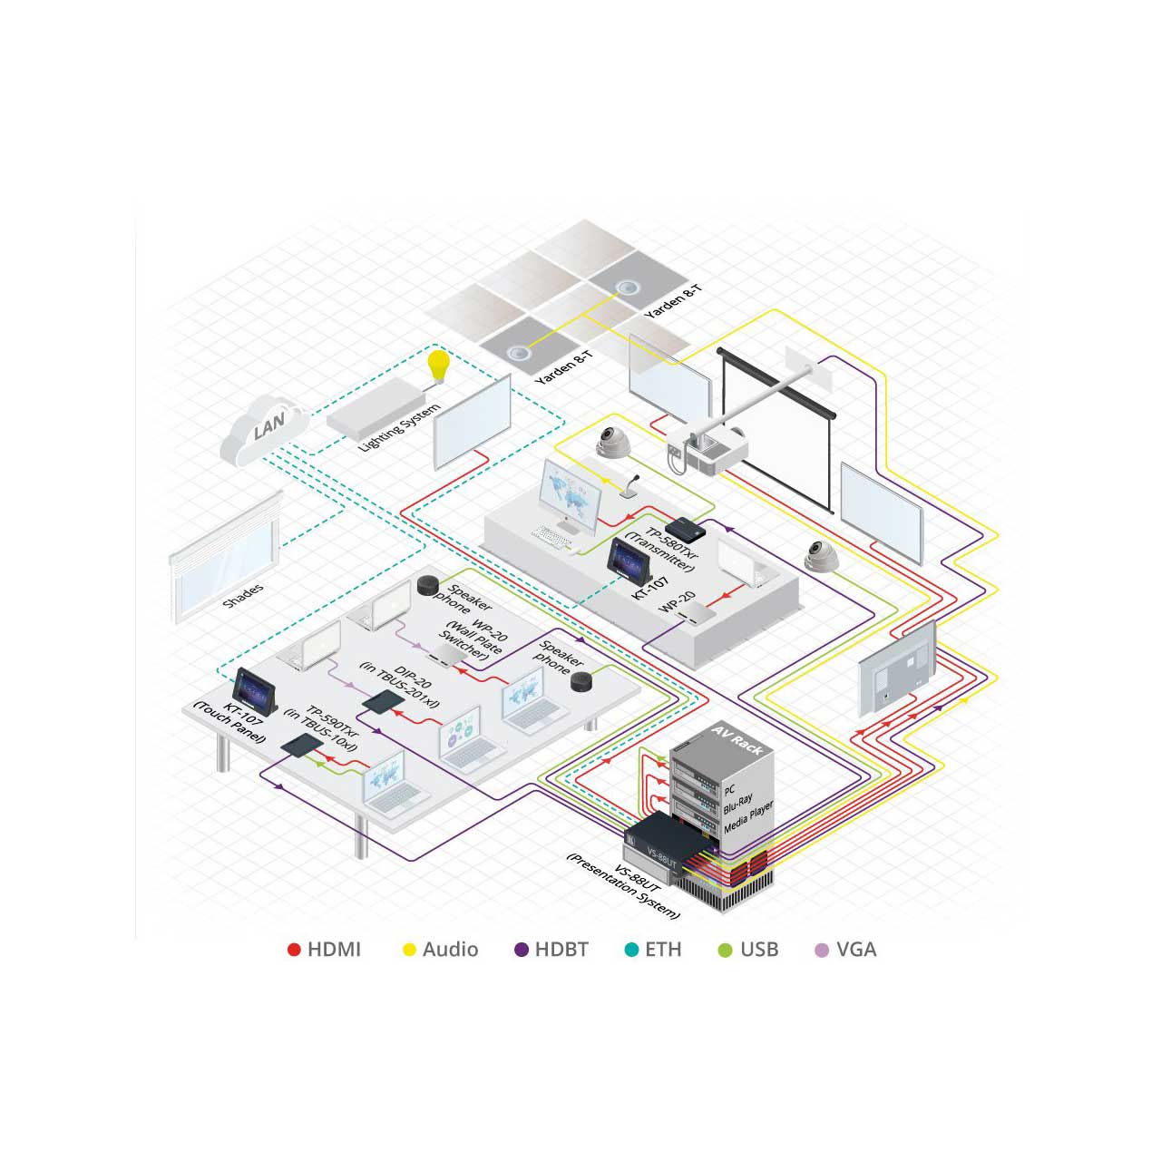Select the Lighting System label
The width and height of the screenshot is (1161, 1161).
point(400,427)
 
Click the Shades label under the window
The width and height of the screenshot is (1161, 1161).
point(243,596)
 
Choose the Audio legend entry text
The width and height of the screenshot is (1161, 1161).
point(450,950)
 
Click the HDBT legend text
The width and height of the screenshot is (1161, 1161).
point(561,950)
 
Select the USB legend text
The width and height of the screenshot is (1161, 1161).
point(759,950)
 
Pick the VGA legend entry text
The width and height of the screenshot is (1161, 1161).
point(856,950)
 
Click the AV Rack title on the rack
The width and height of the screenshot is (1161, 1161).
point(737,741)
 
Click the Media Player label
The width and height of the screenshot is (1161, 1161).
point(748,817)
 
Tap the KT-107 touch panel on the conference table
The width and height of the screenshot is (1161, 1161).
point(255,690)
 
